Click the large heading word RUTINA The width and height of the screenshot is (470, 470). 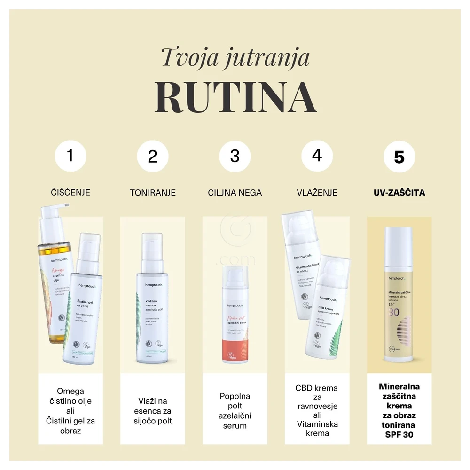[x=235, y=97]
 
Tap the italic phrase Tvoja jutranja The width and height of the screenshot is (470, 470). [x=235, y=57]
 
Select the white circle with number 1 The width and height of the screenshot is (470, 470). [x=70, y=155]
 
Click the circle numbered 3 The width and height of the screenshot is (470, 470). [x=235, y=155]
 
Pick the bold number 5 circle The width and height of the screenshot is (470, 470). [x=399, y=157]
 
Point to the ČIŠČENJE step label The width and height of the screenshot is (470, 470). [x=70, y=192]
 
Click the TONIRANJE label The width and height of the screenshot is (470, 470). [x=153, y=192]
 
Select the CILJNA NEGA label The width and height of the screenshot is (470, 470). [x=235, y=192]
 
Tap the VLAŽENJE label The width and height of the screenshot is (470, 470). [x=317, y=192]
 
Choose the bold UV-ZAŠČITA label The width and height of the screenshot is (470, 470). [x=399, y=192]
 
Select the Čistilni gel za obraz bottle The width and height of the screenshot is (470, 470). [x=83, y=310]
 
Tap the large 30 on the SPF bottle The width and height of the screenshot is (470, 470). [x=394, y=313]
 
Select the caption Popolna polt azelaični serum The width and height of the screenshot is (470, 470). [x=235, y=410]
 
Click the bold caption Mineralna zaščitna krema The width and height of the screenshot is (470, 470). [x=399, y=410]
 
